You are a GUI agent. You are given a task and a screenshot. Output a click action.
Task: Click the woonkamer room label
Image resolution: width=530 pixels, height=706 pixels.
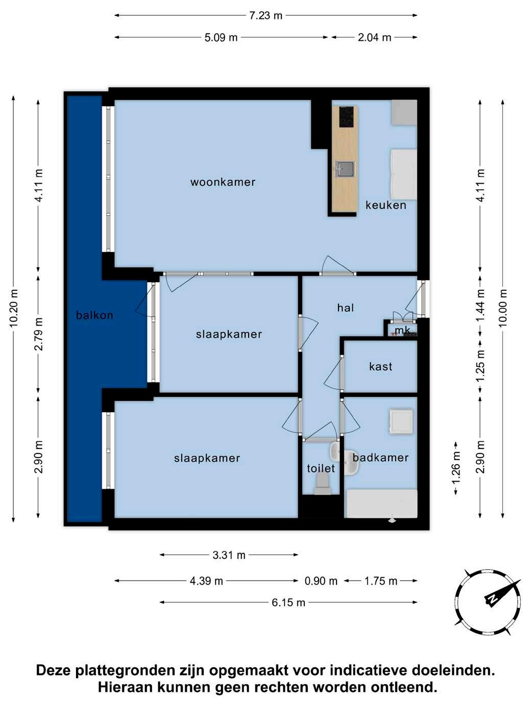[x=223, y=182]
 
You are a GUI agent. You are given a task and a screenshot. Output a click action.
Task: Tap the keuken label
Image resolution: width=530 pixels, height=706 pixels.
[x=386, y=205]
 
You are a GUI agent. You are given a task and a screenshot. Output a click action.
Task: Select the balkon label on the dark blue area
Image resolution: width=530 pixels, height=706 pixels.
[x=94, y=315]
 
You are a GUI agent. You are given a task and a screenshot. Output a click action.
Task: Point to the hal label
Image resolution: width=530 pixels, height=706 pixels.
[x=346, y=308]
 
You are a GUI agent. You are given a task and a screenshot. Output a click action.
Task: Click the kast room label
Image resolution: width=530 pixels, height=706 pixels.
[x=381, y=366]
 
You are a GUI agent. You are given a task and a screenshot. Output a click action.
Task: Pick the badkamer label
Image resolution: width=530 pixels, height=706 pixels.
[x=381, y=458]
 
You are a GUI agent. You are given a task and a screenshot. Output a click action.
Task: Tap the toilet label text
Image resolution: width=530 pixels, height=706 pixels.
[x=321, y=468]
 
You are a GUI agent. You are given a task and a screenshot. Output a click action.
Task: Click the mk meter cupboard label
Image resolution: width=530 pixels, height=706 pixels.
[x=402, y=330]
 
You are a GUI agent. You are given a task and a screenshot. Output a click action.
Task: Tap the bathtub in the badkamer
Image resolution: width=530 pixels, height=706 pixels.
[x=381, y=503]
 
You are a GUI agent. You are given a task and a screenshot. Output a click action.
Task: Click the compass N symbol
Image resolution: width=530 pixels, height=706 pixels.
[x=492, y=598]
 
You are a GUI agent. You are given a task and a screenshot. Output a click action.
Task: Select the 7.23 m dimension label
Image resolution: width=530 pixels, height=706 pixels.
[x=266, y=15]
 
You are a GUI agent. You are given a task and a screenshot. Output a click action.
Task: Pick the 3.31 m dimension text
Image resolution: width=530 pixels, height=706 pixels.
[x=229, y=555]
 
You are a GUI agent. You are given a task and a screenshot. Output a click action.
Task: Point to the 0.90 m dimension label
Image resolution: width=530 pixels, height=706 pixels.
[x=321, y=581]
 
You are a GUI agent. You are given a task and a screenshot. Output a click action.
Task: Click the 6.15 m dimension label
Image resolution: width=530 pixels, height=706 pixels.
[x=288, y=602]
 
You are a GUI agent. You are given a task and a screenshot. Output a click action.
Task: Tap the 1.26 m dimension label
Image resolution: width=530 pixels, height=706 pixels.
[x=456, y=468]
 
